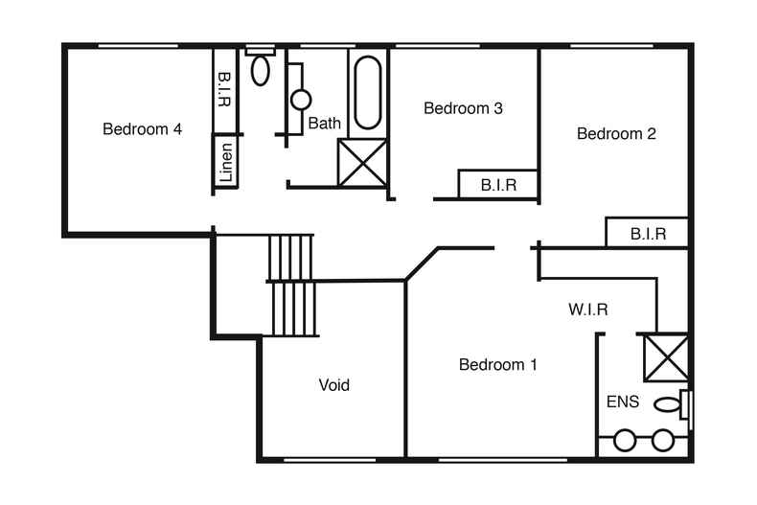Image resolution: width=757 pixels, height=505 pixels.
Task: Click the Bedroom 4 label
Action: point(143,129)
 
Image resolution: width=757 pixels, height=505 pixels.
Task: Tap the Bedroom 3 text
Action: point(463,108)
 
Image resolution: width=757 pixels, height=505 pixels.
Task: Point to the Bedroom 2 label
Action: point(616,134)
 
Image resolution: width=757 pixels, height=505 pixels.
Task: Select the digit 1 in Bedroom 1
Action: point(533,365)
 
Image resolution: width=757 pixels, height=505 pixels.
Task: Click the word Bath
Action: point(324,124)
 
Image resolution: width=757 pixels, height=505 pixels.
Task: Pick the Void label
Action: point(333,385)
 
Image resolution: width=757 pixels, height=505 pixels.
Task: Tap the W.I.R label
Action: point(587,310)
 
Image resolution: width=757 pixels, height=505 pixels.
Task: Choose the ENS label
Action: point(622,402)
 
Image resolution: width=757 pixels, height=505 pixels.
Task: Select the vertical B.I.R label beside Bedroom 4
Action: point(224,89)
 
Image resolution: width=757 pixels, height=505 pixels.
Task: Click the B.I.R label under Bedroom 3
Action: point(498,185)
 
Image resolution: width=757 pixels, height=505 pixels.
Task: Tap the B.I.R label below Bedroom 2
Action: point(648,233)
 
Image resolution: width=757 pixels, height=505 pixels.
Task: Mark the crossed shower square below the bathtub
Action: point(362,162)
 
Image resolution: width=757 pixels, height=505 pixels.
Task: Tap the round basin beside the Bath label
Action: point(301,99)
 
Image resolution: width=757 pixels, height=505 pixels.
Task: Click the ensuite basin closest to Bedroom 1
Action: point(626,441)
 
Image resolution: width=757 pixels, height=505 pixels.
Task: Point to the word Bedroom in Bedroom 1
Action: point(492,365)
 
